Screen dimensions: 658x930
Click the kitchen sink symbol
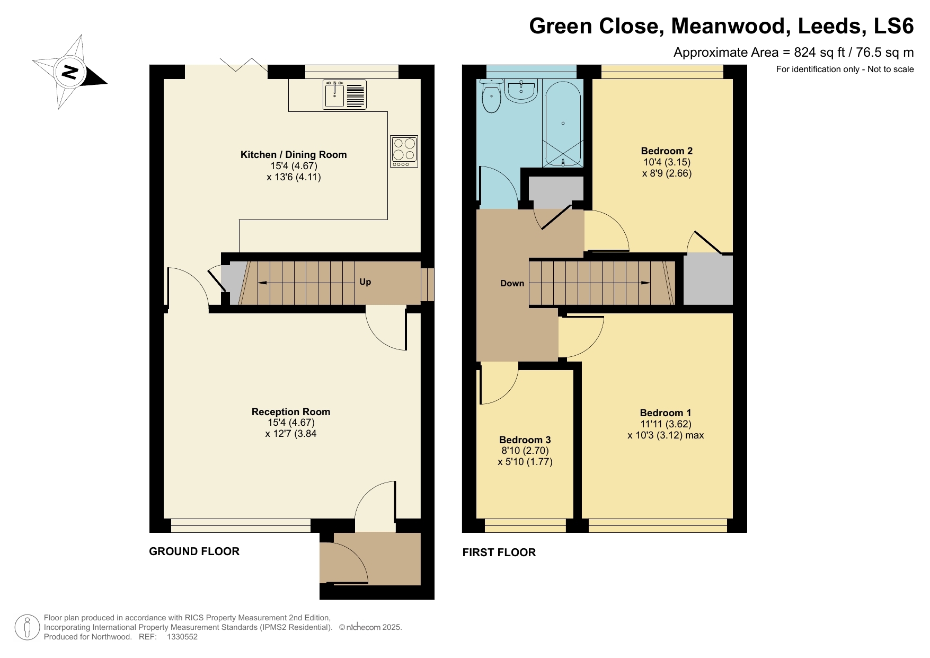coord(344,94)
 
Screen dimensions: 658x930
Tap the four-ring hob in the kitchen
coord(404,152)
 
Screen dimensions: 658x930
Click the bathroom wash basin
coord(522,90)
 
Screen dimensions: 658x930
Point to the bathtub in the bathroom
coord(563,124)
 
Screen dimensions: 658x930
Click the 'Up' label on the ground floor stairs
coord(365,282)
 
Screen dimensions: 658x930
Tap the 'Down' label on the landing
coord(512,283)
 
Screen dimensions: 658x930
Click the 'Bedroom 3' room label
coord(525,440)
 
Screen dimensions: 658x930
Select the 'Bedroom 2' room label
coord(667,151)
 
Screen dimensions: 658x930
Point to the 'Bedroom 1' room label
coord(665,413)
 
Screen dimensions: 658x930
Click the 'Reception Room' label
coord(290,411)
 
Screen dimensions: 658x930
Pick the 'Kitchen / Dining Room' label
coord(294,155)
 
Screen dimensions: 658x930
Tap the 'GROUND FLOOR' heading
coord(194,551)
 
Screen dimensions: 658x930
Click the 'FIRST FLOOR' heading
coord(499,552)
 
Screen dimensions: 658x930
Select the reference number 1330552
coord(182,637)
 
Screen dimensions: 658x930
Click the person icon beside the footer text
coord(27,627)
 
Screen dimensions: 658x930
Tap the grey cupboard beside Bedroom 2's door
coord(707,280)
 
